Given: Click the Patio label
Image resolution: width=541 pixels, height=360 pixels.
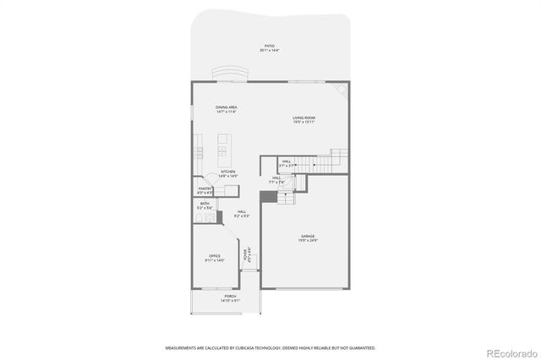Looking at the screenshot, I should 269,46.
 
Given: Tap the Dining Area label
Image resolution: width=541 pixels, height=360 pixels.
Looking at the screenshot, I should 226,107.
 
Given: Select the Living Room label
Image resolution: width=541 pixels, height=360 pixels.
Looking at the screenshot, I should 304,117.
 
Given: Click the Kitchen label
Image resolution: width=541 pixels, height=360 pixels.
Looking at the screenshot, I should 228,172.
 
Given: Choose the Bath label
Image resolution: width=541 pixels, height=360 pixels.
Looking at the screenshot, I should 205,204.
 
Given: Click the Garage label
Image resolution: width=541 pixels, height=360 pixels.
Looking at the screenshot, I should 308,236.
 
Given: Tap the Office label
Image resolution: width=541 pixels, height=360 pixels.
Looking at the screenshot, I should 215,256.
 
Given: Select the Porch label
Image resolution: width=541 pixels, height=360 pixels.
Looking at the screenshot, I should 230,297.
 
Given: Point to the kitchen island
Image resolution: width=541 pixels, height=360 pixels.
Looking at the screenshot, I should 222,153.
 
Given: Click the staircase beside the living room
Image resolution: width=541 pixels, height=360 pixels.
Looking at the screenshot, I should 325,161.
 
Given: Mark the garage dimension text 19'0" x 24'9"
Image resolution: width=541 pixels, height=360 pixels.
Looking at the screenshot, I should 308,241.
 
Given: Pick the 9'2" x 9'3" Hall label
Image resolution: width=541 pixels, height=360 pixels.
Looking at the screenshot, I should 242,215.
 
